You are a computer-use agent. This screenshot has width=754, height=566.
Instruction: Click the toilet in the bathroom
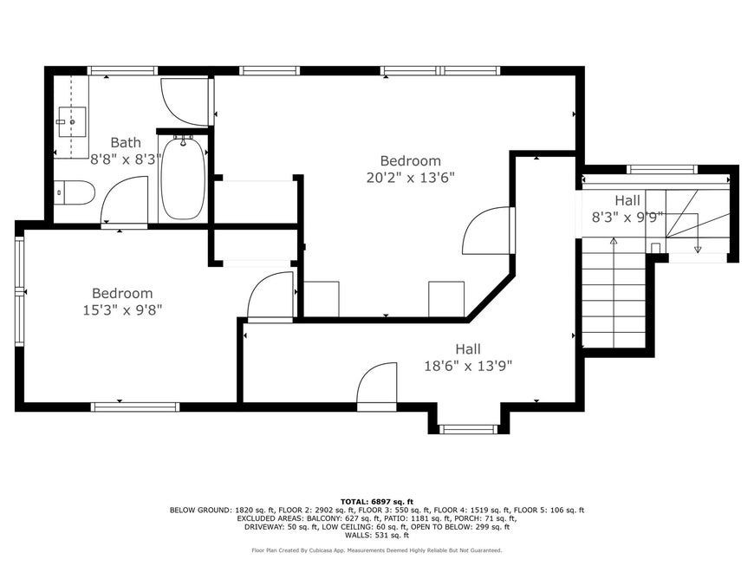pos(74,192)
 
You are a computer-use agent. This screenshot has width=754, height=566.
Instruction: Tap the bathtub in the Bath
pos(183,178)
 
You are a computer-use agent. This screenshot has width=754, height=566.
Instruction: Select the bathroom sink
pos(72,122)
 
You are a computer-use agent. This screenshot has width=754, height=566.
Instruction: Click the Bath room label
pos(126,142)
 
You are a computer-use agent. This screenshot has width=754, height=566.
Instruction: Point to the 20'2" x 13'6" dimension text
pos(410,178)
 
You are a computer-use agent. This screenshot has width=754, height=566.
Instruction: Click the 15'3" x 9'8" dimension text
pos(122,310)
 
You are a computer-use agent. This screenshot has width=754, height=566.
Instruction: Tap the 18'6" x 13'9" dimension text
pos(468,367)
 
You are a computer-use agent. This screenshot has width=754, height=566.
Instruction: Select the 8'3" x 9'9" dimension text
pos(627,218)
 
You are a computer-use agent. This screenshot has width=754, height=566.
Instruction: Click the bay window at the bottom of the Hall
pos(469,428)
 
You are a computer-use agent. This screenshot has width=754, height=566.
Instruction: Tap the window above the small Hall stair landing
pos(662,169)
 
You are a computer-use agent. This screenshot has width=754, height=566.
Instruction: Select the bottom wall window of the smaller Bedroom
pos(135,407)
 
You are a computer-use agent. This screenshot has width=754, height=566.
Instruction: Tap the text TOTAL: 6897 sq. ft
pos(377,501)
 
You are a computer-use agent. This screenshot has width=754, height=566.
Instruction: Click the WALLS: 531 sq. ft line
pos(377,535)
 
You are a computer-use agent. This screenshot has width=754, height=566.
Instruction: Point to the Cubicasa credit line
pos(377,550)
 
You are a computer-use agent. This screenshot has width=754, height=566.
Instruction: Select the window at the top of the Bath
pos(122,71)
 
